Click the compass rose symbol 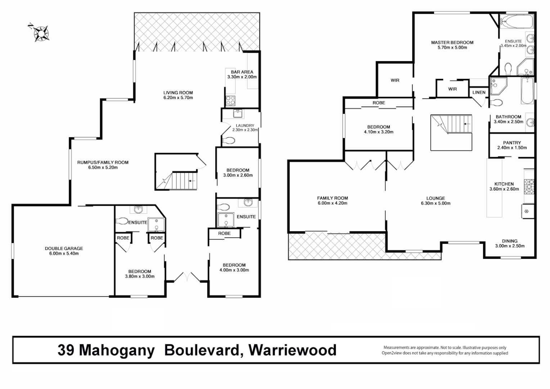(x=41, y=33)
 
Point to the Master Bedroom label (x=452, y=43)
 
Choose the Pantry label (x=512, y=143)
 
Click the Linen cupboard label (x=479, y=93)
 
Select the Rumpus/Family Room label (x=103, y=162)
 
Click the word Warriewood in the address (x=292, y=350)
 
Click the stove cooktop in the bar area (x=230, y=101)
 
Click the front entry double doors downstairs (x=187, y=277)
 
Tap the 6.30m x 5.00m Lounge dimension (x=436, y=203)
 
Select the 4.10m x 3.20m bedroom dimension (x=379, y=132)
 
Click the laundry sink (x=238, y=114)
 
